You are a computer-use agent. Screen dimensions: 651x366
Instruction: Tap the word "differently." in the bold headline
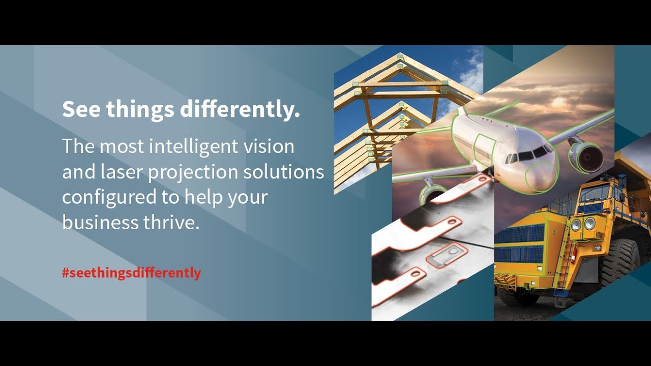(x=240, y=109)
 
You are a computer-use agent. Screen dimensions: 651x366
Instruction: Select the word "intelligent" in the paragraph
(x=193, y=147)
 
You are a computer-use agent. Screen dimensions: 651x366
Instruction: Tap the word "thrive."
(x=171, y=223)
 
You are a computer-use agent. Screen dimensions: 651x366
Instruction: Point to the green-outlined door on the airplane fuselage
(x=484, y=151)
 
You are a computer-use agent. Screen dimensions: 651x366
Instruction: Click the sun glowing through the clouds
(x=558, y=102)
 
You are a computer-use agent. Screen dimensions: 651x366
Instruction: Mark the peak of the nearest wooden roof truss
(x=400, y=55)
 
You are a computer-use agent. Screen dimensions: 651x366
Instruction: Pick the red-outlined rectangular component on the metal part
(x=447, y=256)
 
